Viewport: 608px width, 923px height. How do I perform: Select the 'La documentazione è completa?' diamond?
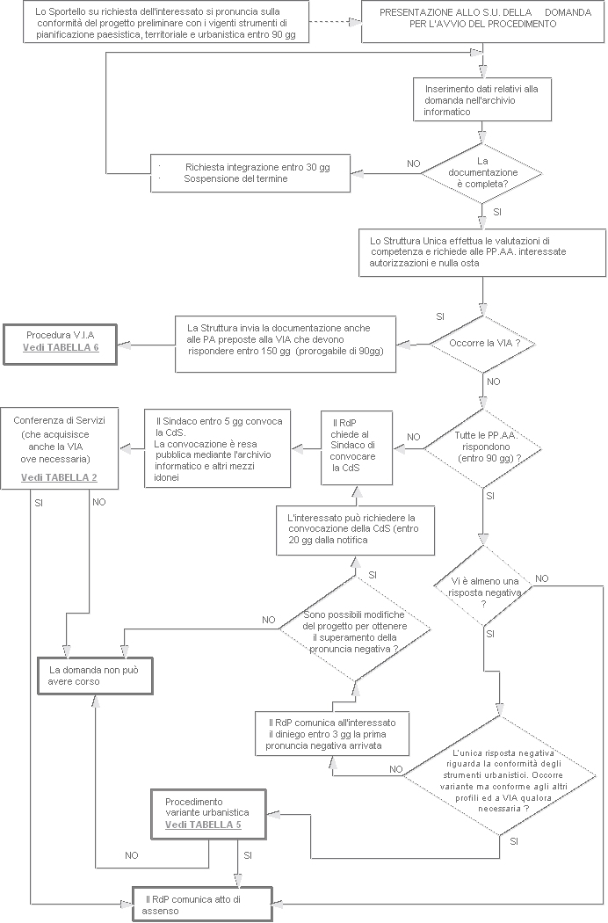pyautogui.click(x=481, y=173)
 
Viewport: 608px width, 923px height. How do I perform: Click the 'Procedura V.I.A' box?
pyautogui.click(x=61, y=341)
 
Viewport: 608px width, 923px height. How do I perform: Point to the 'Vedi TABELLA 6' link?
pyautogui.click(x=61, y=348)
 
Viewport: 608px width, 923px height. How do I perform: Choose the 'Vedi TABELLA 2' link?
pyautogui.click(x=59, y=478)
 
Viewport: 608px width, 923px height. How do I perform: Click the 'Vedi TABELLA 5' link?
pyautogui.click(x=203, y=825)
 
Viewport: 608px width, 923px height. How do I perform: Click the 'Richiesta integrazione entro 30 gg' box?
pyautogui.click(x=251, y=172)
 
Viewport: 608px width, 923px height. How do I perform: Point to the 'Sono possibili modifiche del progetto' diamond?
pyautogui.click(x=354, y=630)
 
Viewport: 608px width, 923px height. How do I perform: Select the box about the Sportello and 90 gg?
pyautogui.click(x=167, y=20)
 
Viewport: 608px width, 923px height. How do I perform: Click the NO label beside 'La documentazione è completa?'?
pyautogui.click(x=413, y=164)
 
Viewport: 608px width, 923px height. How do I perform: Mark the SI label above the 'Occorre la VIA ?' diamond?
pyautogui.click(x=441, y=316)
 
